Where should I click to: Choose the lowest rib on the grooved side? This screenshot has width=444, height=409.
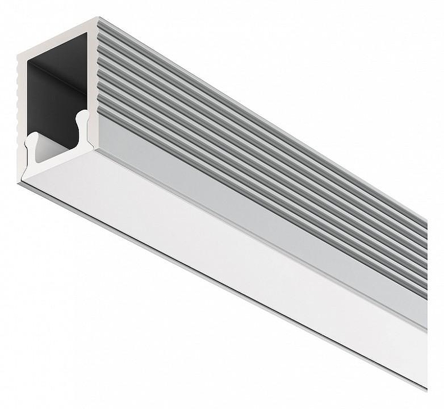[x=250, y=191]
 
